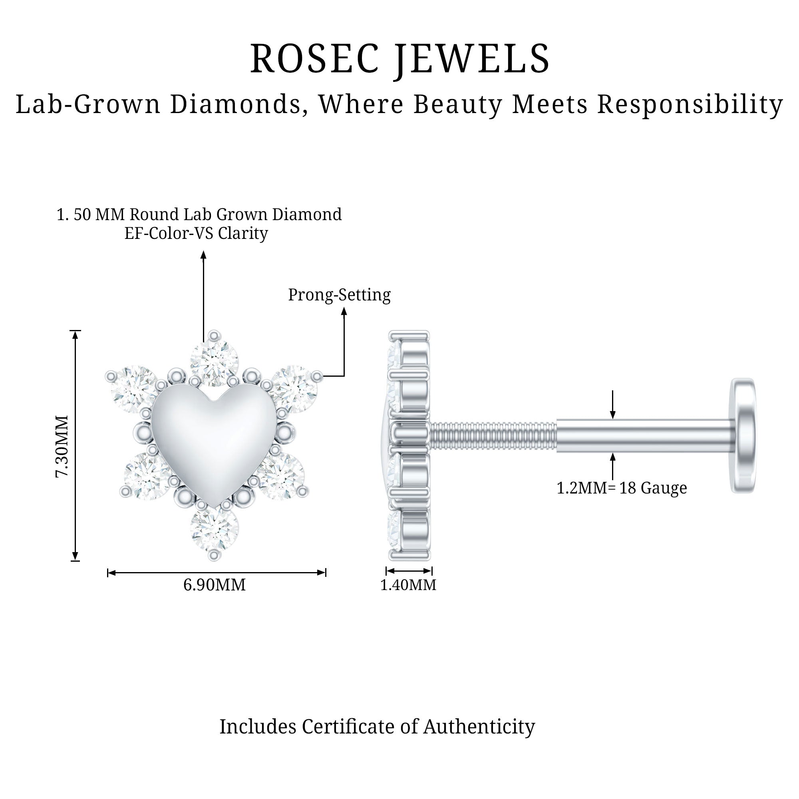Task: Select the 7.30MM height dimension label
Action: (62, 447)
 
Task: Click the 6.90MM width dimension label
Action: (214, 585)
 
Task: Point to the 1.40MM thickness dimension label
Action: (408, 585)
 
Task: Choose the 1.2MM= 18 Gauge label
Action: (622, 488)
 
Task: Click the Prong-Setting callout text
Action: (339, 295)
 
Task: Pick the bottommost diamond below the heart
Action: (214, 528)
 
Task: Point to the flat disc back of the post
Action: (743, 435)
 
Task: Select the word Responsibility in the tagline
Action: (690, 104)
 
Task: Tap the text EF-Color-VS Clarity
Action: (196, 233)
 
